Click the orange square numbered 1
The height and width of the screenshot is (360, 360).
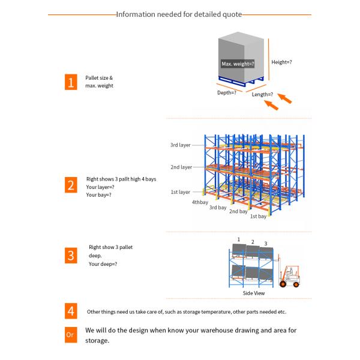click(x=71, y=82)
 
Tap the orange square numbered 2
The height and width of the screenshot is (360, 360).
click(x=71, y=185)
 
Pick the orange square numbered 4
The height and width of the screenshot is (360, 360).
click(x=71, y=311)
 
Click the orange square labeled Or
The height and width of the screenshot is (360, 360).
click(x=71, y=334)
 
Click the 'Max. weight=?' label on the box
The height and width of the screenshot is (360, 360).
click(x=238, y=63)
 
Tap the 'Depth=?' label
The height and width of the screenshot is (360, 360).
click(x=226, y=93)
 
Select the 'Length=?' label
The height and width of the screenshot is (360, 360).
click(x=262, y=94)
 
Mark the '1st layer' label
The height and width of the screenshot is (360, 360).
click(x=180, y=192)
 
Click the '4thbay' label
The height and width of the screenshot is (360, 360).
click(x=200, y=202)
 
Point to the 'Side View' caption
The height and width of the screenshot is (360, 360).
click(x=254, y=293)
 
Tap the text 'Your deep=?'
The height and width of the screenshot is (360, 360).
click(x=103, y=264)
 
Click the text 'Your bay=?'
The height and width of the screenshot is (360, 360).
click(x=98, y=195)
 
